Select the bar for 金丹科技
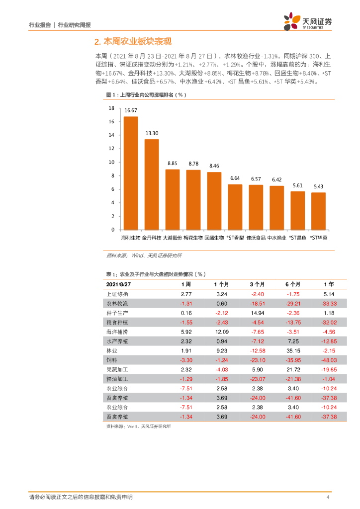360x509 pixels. pyautogui.click(x=152, y=184)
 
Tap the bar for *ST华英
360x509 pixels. pyautogui.click(x=318, y=211)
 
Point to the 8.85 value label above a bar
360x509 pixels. pyautogui.click(x=173, y=163)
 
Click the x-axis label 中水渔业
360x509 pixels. pyautogui.click(x=276, y=238)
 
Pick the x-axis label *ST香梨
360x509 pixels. pyautogui.click(x=235, y=238)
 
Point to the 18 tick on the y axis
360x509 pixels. pyautogui.click(x=112, y=108)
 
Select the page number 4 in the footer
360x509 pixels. pyautogui.click(x=328, y=498)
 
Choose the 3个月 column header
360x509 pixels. pyautogui.click(x=257, y=284)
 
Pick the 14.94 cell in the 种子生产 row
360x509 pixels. pyautogui.click(x=257, y=313)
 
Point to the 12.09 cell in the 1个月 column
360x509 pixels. pyautogui.click(x=221, y=332)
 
